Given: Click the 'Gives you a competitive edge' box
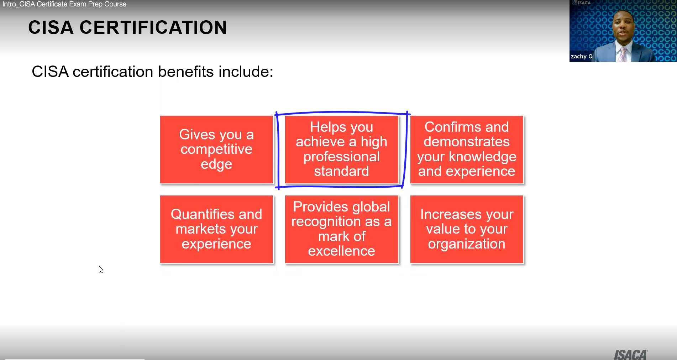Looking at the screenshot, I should (x=216, y=150).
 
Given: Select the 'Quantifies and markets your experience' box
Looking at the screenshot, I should (x=216, y=229).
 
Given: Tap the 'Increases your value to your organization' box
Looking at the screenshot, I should (x=467, y=229).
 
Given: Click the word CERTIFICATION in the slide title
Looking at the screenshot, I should (x=153, y=28).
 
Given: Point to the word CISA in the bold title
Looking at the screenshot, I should (x=51, y=28).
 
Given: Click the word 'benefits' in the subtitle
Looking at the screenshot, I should (x=186, y=72).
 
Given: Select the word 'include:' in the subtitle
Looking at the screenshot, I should (x=246, y=72).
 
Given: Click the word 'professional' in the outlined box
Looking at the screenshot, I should (x=341, y=157).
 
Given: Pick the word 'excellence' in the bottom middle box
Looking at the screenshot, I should (x=341, y=251).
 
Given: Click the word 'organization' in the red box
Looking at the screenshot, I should (x=467, y=244).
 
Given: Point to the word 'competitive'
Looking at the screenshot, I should (x=216, y=149).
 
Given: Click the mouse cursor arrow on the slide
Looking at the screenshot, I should (x=101, y=270).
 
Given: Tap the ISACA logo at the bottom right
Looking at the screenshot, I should (x=630, y=355).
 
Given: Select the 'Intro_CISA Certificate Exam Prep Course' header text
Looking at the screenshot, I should (x=64, y=4).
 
